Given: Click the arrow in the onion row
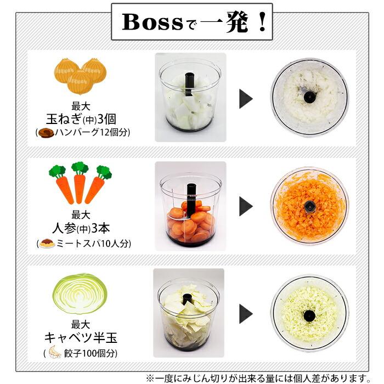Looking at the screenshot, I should (x=246, y=99).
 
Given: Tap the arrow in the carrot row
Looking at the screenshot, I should (x=246, y=206).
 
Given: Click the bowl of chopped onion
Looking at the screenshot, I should (x=309, y=98).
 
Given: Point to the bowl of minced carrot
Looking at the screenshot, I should (x=309, y=206).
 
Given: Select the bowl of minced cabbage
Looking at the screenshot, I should (x=309, y=314).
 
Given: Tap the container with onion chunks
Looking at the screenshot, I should (x=190, y=98).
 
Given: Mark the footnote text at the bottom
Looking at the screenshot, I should (x=264, y=377).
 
